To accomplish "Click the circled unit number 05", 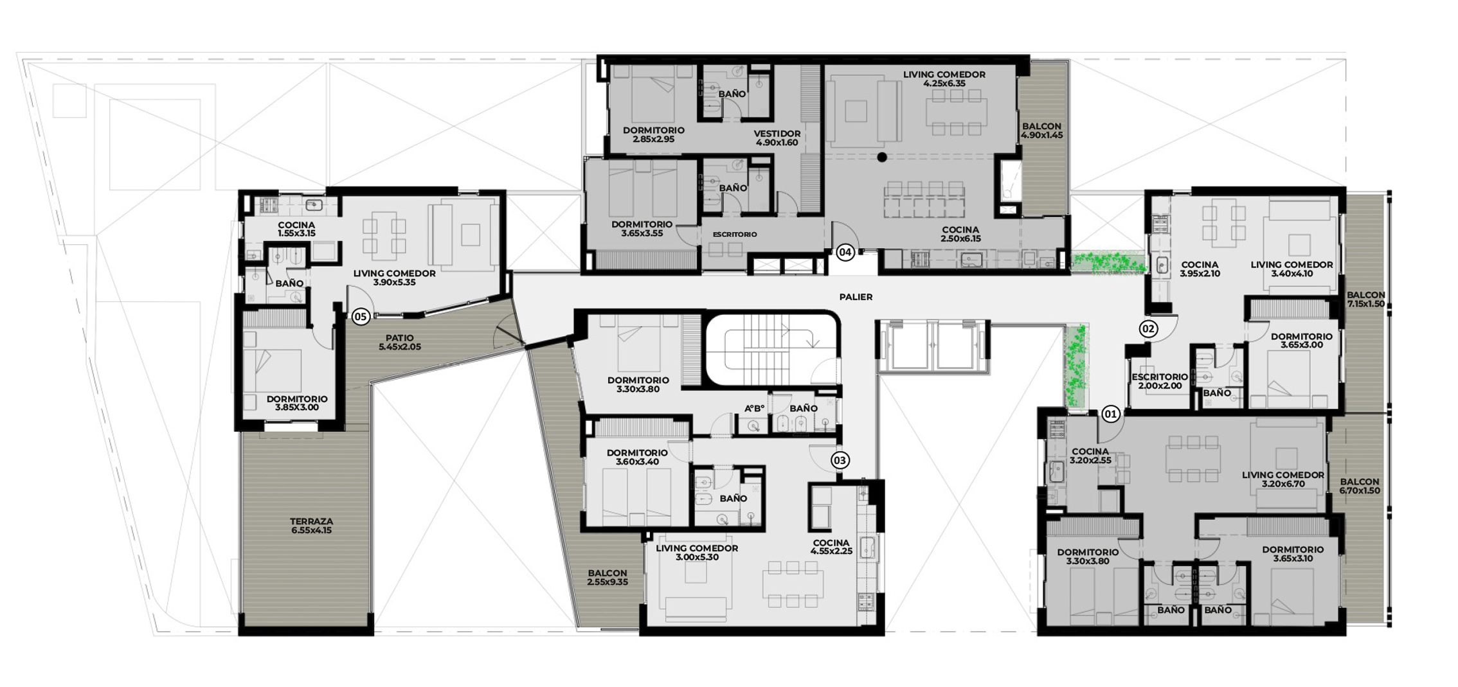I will click(361, 316).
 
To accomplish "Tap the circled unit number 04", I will click(845, 253).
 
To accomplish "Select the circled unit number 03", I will click(840, 460).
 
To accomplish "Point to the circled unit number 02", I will click(1148, 329).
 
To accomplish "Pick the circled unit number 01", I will click(1110, 414).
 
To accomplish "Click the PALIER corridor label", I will click(856, 297).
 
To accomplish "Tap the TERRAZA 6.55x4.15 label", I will click(311, 526).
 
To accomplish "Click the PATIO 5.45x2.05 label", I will click(399, 342).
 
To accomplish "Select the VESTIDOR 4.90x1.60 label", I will click(777, 138).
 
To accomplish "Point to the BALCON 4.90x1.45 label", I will click(1041, 130).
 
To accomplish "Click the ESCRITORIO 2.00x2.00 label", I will click(1160, 381).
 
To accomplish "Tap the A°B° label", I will click(754, 409).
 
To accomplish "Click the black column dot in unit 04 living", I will click(882, 157).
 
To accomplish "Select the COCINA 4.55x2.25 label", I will click(831, 547).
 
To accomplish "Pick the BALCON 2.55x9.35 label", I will click(607, 577).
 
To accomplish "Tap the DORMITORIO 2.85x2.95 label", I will click(653, 134).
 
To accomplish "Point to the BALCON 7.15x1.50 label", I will click(1365, 299).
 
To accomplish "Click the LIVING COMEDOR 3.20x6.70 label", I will click(1282, 479).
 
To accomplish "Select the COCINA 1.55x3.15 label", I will click(296, 229).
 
